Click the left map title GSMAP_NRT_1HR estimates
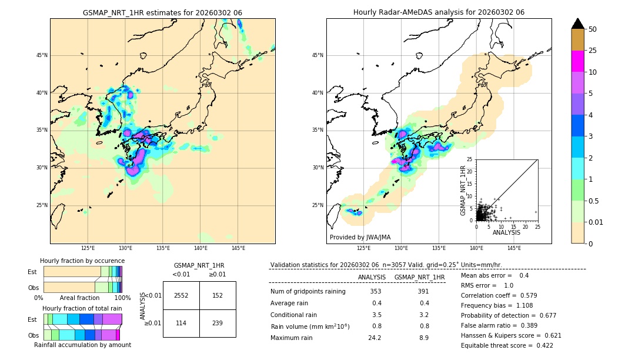162,12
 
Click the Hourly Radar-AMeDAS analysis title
439,12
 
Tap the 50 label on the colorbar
593,29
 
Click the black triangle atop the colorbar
578,24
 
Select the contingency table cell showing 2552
181,295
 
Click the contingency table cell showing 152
218,295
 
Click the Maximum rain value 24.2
375,338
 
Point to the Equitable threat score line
507,345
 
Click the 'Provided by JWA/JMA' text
360,237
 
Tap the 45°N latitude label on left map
42,55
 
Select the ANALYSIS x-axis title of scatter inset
506,232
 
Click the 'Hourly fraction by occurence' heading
82,261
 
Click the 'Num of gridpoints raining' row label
308,292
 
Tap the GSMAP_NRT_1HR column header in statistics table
419,277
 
